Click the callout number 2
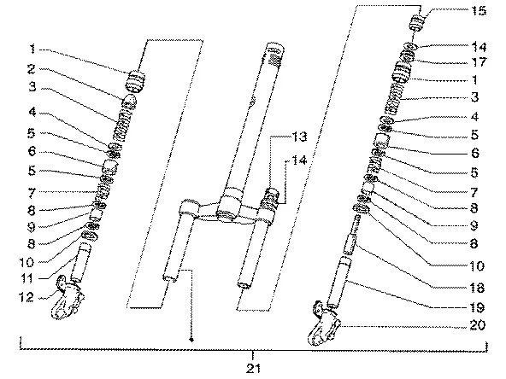click(31, 68)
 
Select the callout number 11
click(26, 278)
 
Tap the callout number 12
click(26, 297)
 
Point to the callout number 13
click(299, 137)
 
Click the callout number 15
click(479, 10)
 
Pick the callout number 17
click(479, 61)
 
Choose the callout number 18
click(477, 288)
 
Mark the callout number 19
click(477, 307)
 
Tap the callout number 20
click(478, 325)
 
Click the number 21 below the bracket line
click(253, 369)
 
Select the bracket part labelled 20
click(324, 324)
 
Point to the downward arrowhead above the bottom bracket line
click(191, 340)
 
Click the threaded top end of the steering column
click(274, 55)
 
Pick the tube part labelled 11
click(80, 263)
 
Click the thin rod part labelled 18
click(352, 235)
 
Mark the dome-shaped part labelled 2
click(129, 102)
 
